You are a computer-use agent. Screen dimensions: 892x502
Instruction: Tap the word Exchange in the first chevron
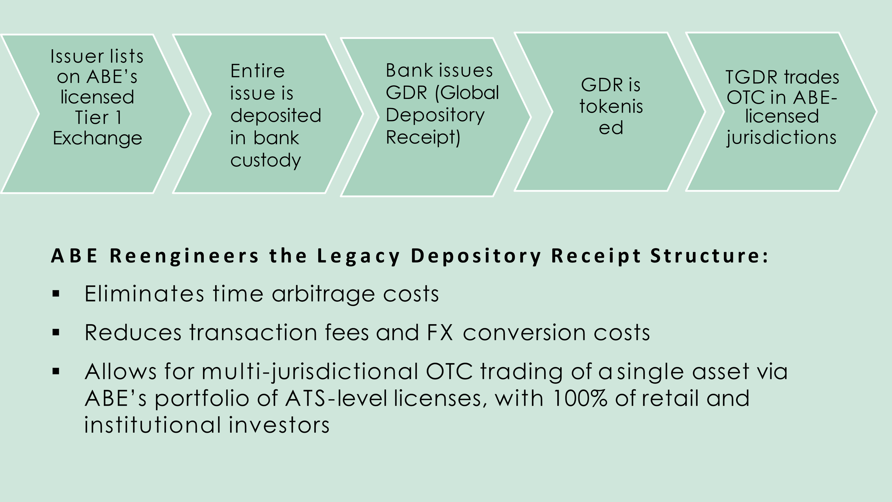pyautogui.click(x=97, y=138)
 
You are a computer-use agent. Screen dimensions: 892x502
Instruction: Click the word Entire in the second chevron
pyautogui.click(x=257, y=71)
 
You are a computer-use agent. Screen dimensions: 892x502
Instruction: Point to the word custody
pyautogui.click(x=265, y=160)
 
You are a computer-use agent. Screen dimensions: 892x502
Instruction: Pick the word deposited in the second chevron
pyautogui.click(x=275, y=116)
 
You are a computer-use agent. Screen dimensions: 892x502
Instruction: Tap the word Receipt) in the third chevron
pyautogui.click(x=423, y=137)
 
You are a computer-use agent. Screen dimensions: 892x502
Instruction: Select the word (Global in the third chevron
pyautogui.click(x=467, y=93)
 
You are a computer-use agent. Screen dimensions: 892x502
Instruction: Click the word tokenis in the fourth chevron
pyautogui.click(x=611, y=106)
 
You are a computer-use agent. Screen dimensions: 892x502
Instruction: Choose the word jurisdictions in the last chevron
pyautogui.click(x=781, y=137)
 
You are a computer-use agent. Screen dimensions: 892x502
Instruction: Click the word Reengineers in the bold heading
pyautogui.click(x=184, y=256)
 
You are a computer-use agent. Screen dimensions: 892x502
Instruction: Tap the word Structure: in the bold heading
pyautogui.click(x=709, y=256)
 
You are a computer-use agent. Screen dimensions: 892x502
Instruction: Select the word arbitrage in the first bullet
pyautogui.click(x=323, y=294)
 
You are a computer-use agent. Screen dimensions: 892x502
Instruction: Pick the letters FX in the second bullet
pyautogui.click(x=440, y=333)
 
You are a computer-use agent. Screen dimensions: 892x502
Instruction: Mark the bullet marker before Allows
pyautogui.click(x=56, y=372)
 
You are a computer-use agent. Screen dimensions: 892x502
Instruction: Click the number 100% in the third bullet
pyautogui.click(x=579, y=398)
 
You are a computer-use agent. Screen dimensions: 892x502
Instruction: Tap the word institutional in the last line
pyautogui.click(x=152, y=425)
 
